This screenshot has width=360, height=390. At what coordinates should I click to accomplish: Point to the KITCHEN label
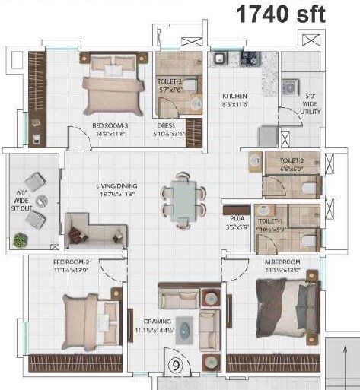[234, 100]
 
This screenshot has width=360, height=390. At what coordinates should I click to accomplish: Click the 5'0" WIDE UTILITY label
[311, 106]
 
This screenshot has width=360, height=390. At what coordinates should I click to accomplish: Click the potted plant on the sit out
[18, 241]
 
